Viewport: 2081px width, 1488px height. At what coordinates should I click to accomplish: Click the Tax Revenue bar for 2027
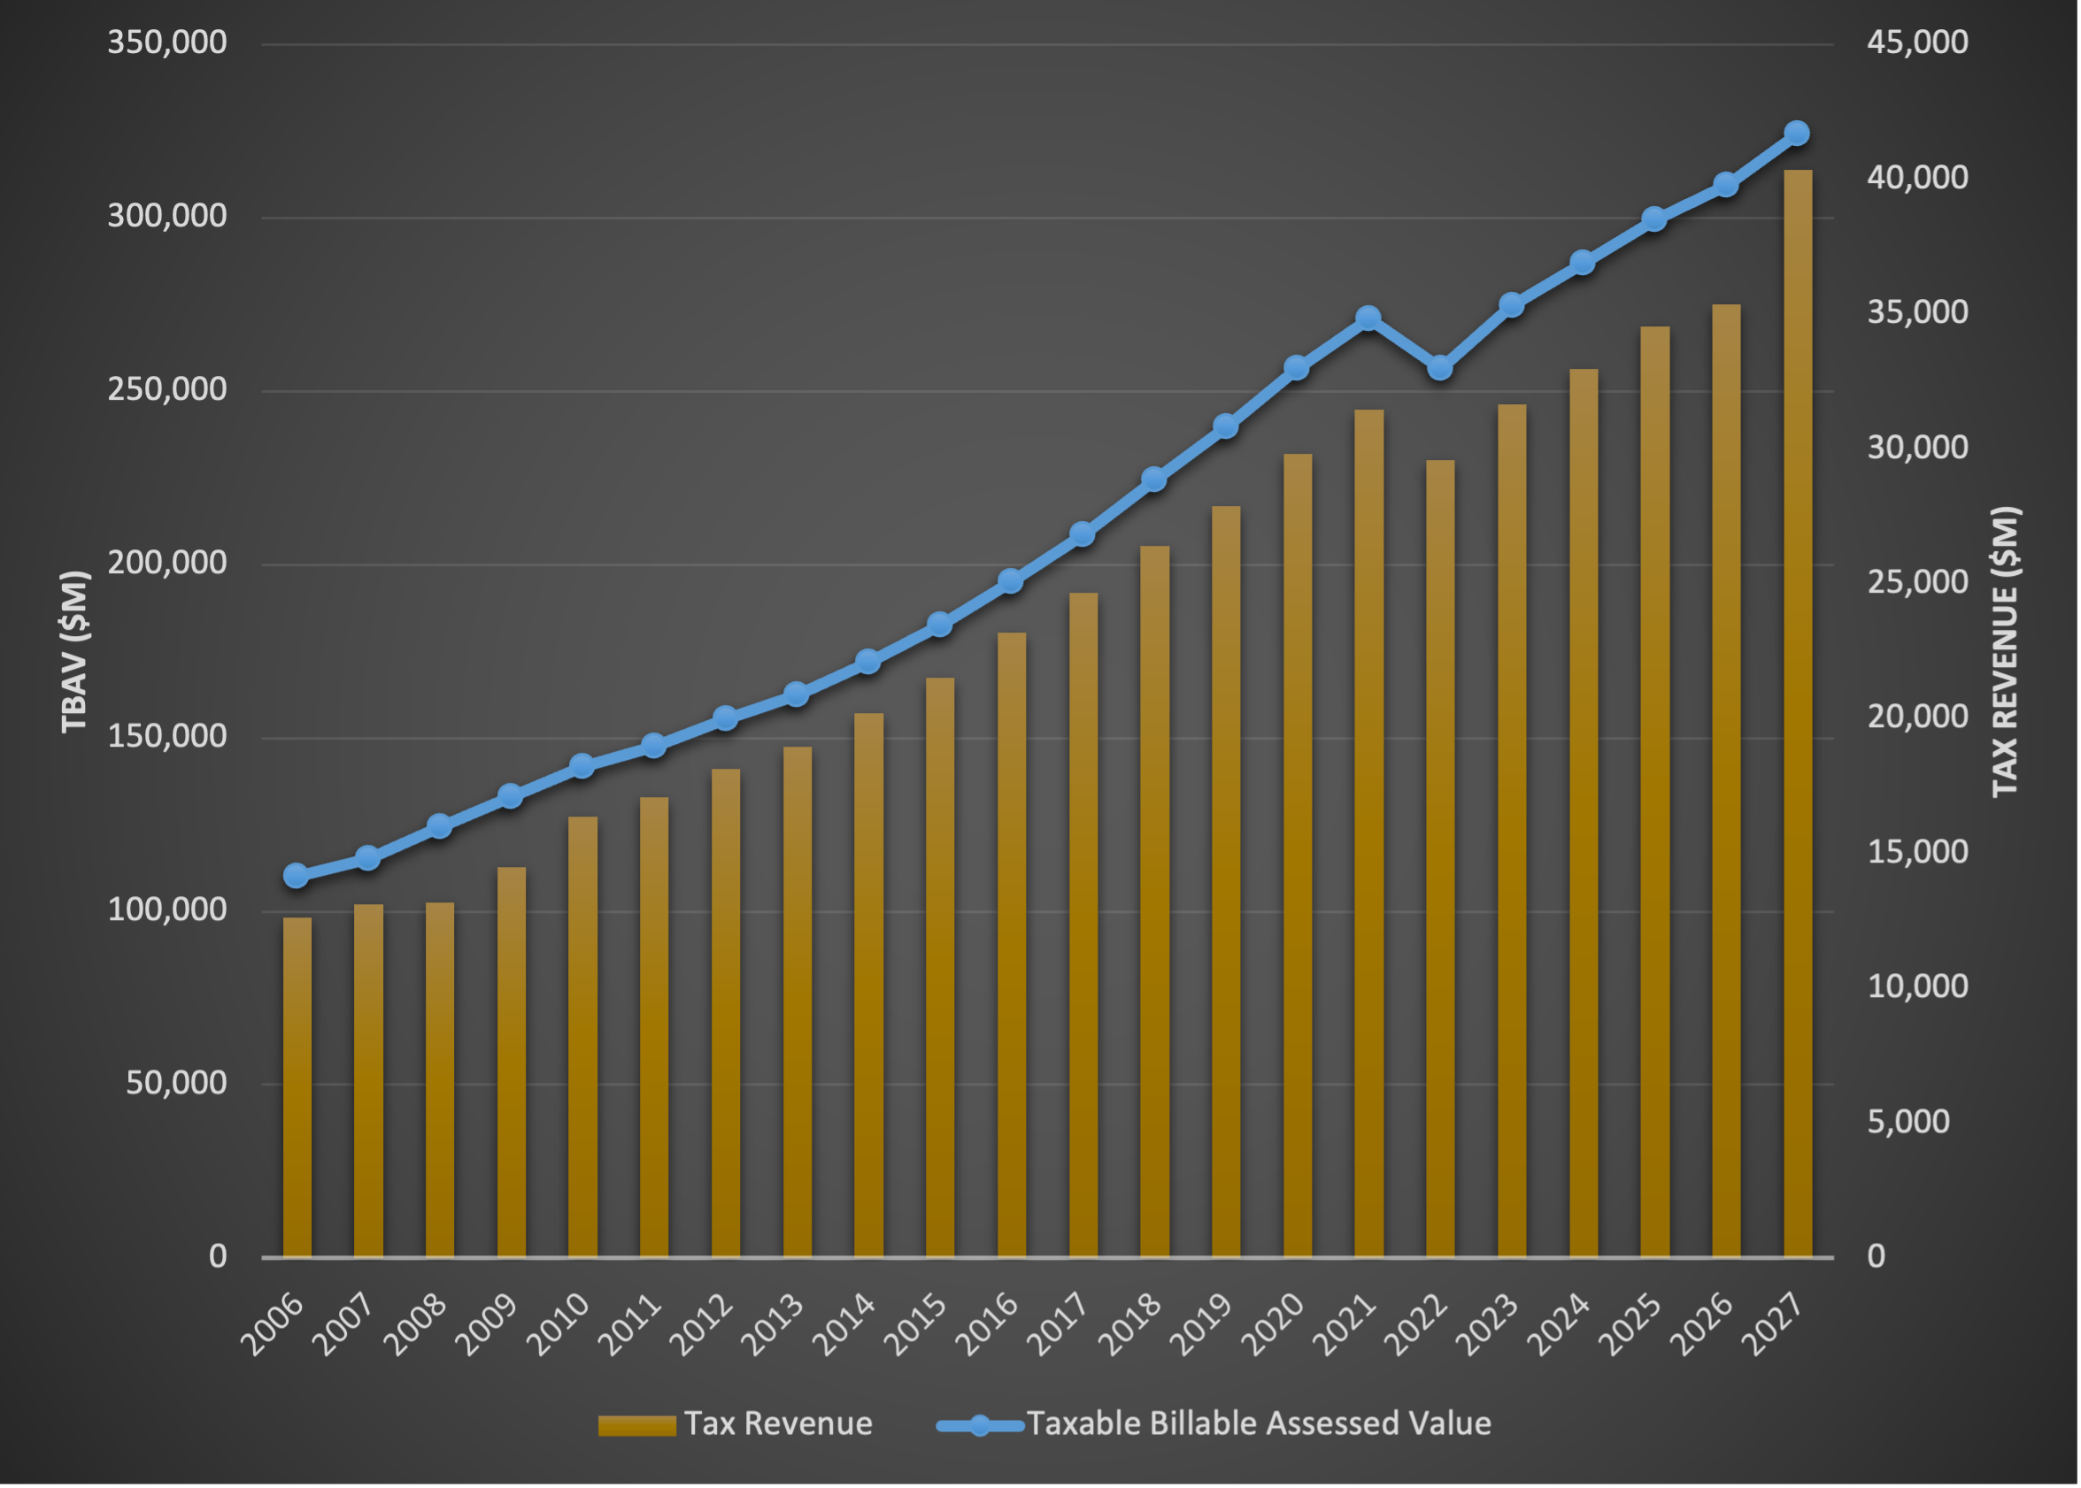pos(1797,715)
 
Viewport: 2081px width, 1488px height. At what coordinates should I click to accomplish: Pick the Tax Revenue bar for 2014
pos(868,985)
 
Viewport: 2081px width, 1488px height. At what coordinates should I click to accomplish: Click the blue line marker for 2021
pos(1368,318)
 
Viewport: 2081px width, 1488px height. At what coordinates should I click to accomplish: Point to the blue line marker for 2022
pos(1440,368)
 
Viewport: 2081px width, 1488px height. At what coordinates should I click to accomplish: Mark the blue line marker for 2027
pos(1797,134)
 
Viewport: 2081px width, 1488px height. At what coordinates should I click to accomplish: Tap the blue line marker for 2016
pos(1010,581)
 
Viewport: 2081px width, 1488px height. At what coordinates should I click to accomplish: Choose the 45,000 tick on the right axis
pos(1917,42)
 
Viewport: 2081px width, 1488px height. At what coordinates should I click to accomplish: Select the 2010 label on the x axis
pos(559,1324)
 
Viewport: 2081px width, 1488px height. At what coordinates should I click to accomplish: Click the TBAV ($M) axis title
pos(75,651)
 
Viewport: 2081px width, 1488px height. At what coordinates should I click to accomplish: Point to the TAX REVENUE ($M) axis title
pos(2005,651)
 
